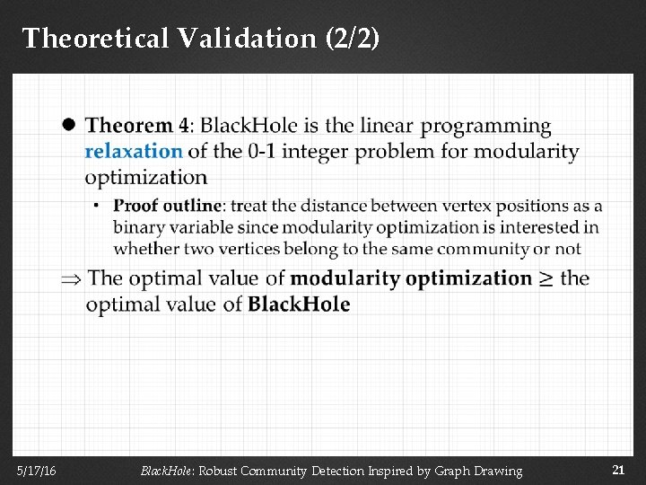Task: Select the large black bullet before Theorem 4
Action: point(68,126)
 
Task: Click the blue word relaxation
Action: point(133,151)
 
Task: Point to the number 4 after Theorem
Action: point(184,126)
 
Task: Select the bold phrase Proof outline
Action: point(167,206)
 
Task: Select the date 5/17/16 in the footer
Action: point(35,471)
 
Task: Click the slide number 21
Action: point(617,470)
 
